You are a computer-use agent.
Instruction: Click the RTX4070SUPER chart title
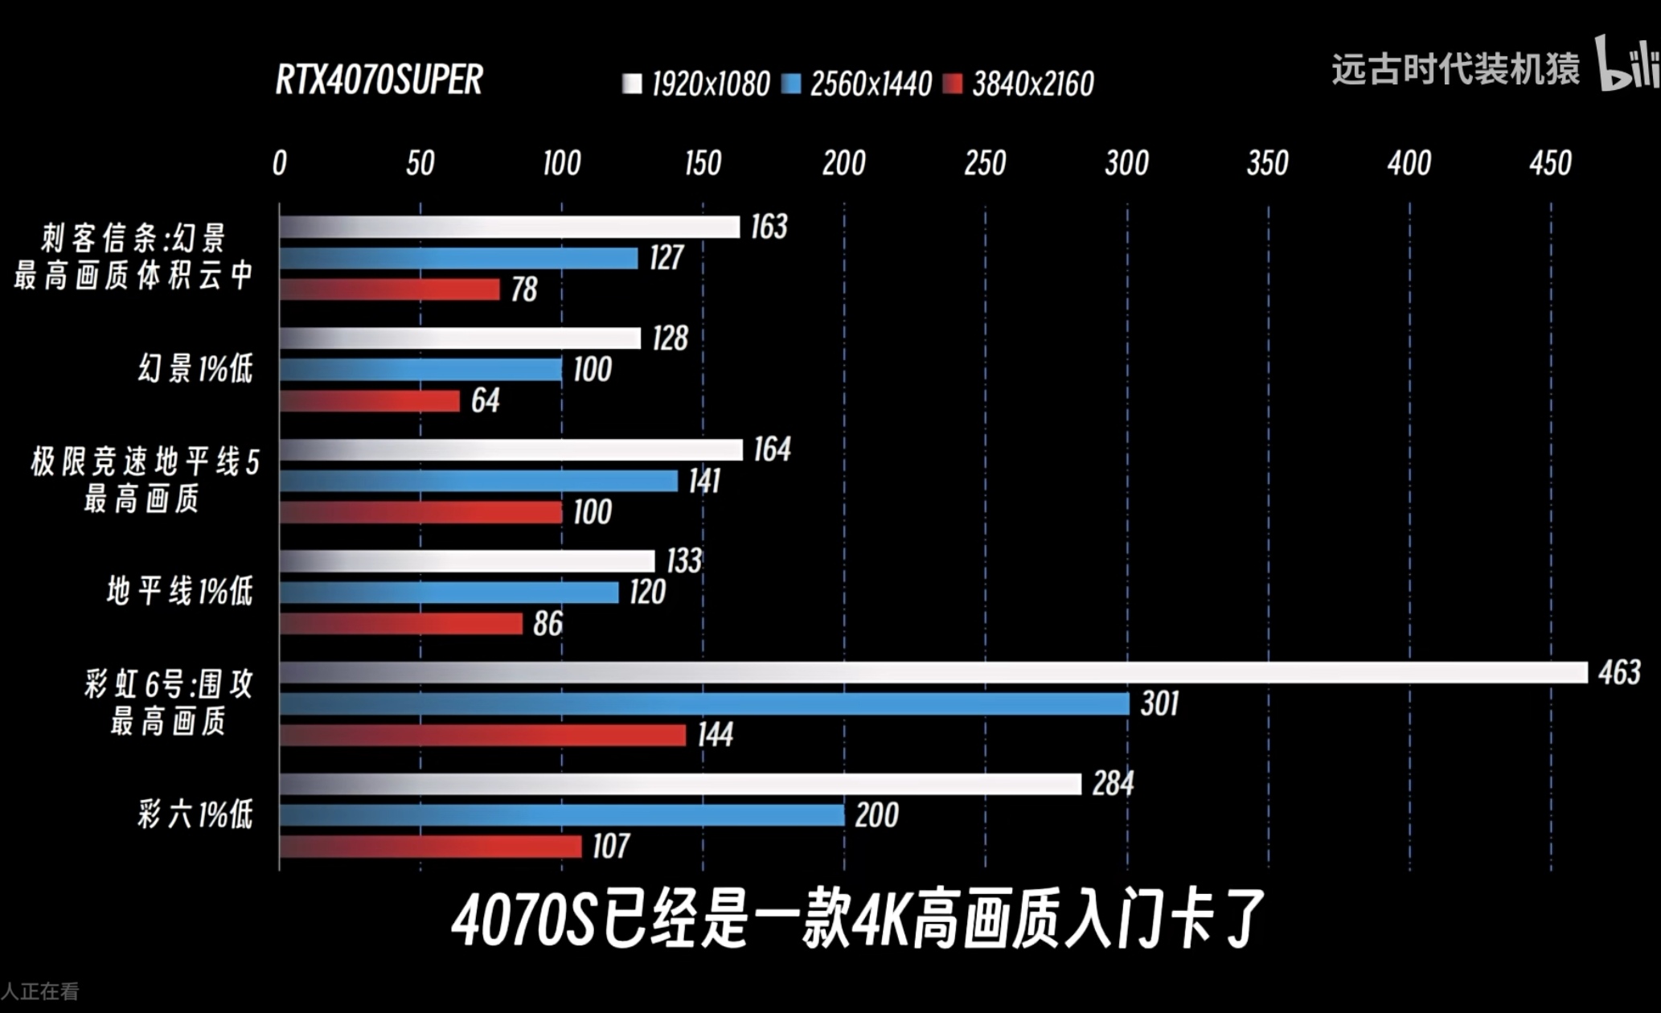(379, 80)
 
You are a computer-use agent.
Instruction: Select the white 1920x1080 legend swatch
(632, 84)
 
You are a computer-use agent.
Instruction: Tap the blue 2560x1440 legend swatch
(792, 84)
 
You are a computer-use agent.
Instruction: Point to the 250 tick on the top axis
(985, 163)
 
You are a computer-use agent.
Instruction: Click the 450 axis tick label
(1550, 163)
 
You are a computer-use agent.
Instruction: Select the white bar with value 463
(933, 672)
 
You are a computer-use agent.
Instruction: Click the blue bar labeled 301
(703, 703)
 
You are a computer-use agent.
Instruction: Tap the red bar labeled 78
(390, 289)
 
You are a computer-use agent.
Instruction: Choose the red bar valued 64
(370, 400)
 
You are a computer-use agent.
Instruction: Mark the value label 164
(772, 449)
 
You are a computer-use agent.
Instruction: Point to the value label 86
(548, 623)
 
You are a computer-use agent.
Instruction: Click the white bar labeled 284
(679, 784)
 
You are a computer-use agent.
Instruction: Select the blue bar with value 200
(561, 815)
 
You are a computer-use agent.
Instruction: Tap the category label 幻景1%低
(195, 369)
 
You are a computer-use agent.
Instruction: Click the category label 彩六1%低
(195, 815)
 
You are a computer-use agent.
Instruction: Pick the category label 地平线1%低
(180, 592)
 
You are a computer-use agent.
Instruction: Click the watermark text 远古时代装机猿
(1455, 69)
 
